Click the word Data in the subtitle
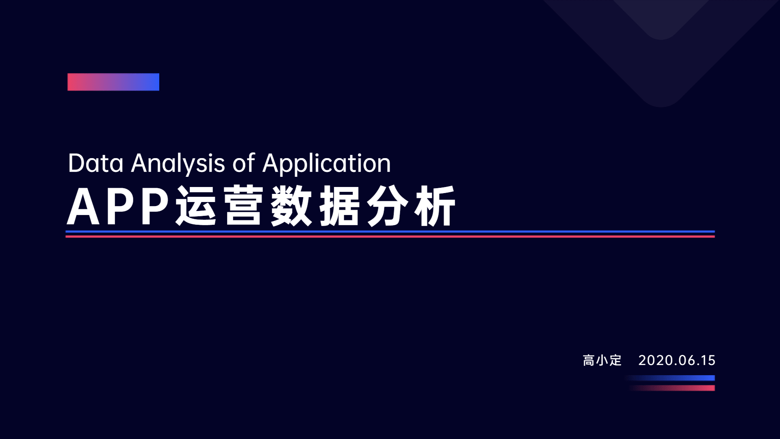click(95, 163)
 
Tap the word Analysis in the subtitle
click(178, 164)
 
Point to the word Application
click(327, 164)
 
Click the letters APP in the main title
click(118, 206)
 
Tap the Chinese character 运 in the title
click(196, 206)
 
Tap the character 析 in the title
click(435, 206)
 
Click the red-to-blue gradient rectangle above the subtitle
click(113, 82)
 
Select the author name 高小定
click(602, 360)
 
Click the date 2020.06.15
click(677, 360)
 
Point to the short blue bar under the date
click(669, 378)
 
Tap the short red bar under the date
click(672, 388)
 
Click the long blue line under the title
click(390, 232)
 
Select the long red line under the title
click(390, 237)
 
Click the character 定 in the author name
click(615, 360)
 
